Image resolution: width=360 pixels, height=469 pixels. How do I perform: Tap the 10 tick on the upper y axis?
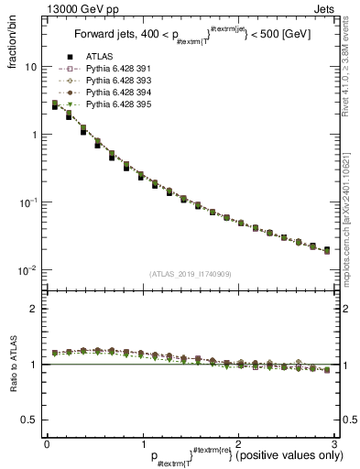(x=30, y=67)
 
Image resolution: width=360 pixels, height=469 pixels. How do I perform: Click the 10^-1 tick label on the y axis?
(x=27, y=202)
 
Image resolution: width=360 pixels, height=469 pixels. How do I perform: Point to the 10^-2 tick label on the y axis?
(x=27, y=269)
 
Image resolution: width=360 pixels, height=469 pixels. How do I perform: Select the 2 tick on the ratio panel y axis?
(x=34, y=309)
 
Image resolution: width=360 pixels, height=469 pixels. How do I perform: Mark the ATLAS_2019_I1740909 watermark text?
(x=190, y=274)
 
